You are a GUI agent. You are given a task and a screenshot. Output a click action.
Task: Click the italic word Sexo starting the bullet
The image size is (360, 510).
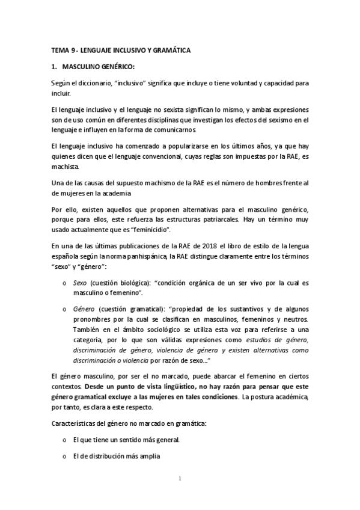click(x=79, y=284)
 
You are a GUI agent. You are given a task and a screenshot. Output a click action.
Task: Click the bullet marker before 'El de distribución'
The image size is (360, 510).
click(x=64, y=456)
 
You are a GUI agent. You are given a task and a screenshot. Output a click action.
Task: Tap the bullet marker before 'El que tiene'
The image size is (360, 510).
click(x=64, y=440)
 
